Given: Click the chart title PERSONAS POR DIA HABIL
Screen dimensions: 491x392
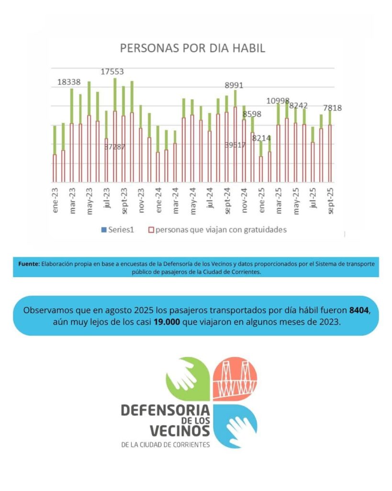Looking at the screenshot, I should pos(192,48).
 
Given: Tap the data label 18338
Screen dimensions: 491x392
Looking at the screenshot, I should pos(69,82).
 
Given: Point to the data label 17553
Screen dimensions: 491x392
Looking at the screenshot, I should pos(112,71).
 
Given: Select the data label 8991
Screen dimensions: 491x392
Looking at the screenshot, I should pos(235,85).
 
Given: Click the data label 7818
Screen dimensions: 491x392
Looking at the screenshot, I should pos(332,108).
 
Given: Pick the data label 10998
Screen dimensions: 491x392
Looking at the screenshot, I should pos(278,101).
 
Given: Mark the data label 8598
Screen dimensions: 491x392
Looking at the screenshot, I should pos(252,114).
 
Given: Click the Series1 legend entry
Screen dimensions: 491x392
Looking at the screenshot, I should pos(118,230).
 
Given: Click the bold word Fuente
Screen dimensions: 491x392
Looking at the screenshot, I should pos(29,264).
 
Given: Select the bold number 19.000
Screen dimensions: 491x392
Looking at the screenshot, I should pos(167,322).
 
